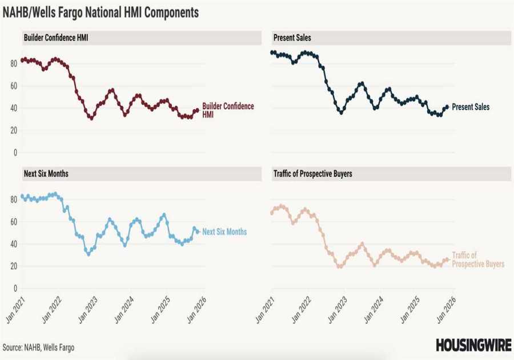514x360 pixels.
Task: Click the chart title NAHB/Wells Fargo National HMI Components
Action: (x=102, y=13)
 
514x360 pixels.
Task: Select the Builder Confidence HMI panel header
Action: (x=56, y=38)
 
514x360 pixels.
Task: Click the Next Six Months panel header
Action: (x=46, y=173)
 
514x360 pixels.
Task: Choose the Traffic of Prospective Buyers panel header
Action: (x=313, y=173)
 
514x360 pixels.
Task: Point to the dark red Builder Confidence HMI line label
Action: (x=228, y=110)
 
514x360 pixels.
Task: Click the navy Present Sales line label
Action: (x=470, y=107)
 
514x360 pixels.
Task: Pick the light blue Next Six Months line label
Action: (x=224, y=232)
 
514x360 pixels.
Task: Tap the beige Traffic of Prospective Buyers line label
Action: (x=478, y=260)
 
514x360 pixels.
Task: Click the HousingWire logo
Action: (x=472, y=345)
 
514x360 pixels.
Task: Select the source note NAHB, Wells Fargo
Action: (x=38, y=347)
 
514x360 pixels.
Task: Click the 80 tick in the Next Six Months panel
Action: (x=14, y=199)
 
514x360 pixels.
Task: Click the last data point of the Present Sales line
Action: (x=447, y=106)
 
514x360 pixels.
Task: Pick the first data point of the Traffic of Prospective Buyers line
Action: (x=271, y=213)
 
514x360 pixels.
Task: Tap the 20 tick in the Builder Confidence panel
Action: (x=14, y=130)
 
